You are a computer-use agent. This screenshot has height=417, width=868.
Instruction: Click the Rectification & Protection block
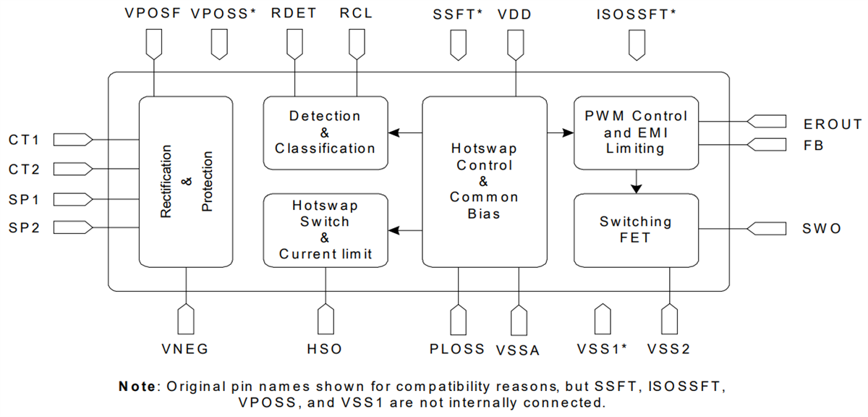[x=186, y=181]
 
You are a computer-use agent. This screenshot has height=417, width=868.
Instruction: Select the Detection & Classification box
[x=325, y=132]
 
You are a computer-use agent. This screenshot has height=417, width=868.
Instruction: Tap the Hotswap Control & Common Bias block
[x=484, y=181]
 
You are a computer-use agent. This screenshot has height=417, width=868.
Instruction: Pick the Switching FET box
[x=636, y=230]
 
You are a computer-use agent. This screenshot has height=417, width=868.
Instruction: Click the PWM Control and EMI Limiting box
[x=636, y=132]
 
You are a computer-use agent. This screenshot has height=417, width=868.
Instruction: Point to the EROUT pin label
[x=833, y=125]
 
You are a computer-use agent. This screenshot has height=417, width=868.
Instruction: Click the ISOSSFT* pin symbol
[x=636, y=45]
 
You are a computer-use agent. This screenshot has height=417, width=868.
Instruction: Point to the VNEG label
[x=185, y=349]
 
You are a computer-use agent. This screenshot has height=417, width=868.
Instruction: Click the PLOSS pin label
[x=457, y=349]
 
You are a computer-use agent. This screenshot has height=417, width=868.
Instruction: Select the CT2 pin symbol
[x=73, y=169]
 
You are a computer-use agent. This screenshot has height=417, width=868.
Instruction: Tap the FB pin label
[x=813, y=146]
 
